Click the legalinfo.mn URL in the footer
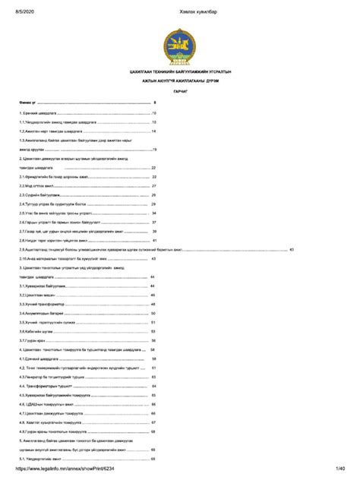click(x=61, y=473)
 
